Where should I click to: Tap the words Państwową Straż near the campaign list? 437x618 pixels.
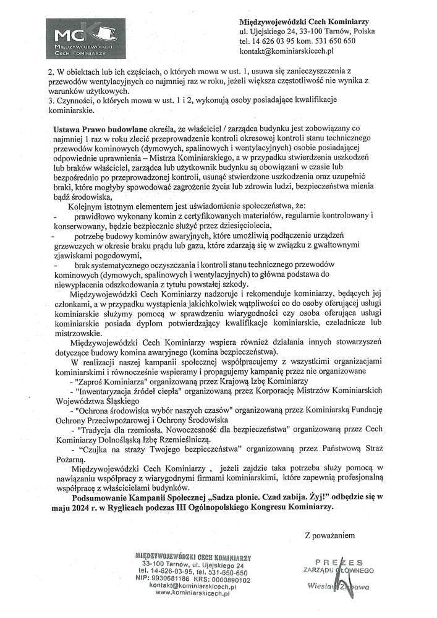click(x=352, y=449)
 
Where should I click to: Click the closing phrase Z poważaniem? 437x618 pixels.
click(x=329, y=533)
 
